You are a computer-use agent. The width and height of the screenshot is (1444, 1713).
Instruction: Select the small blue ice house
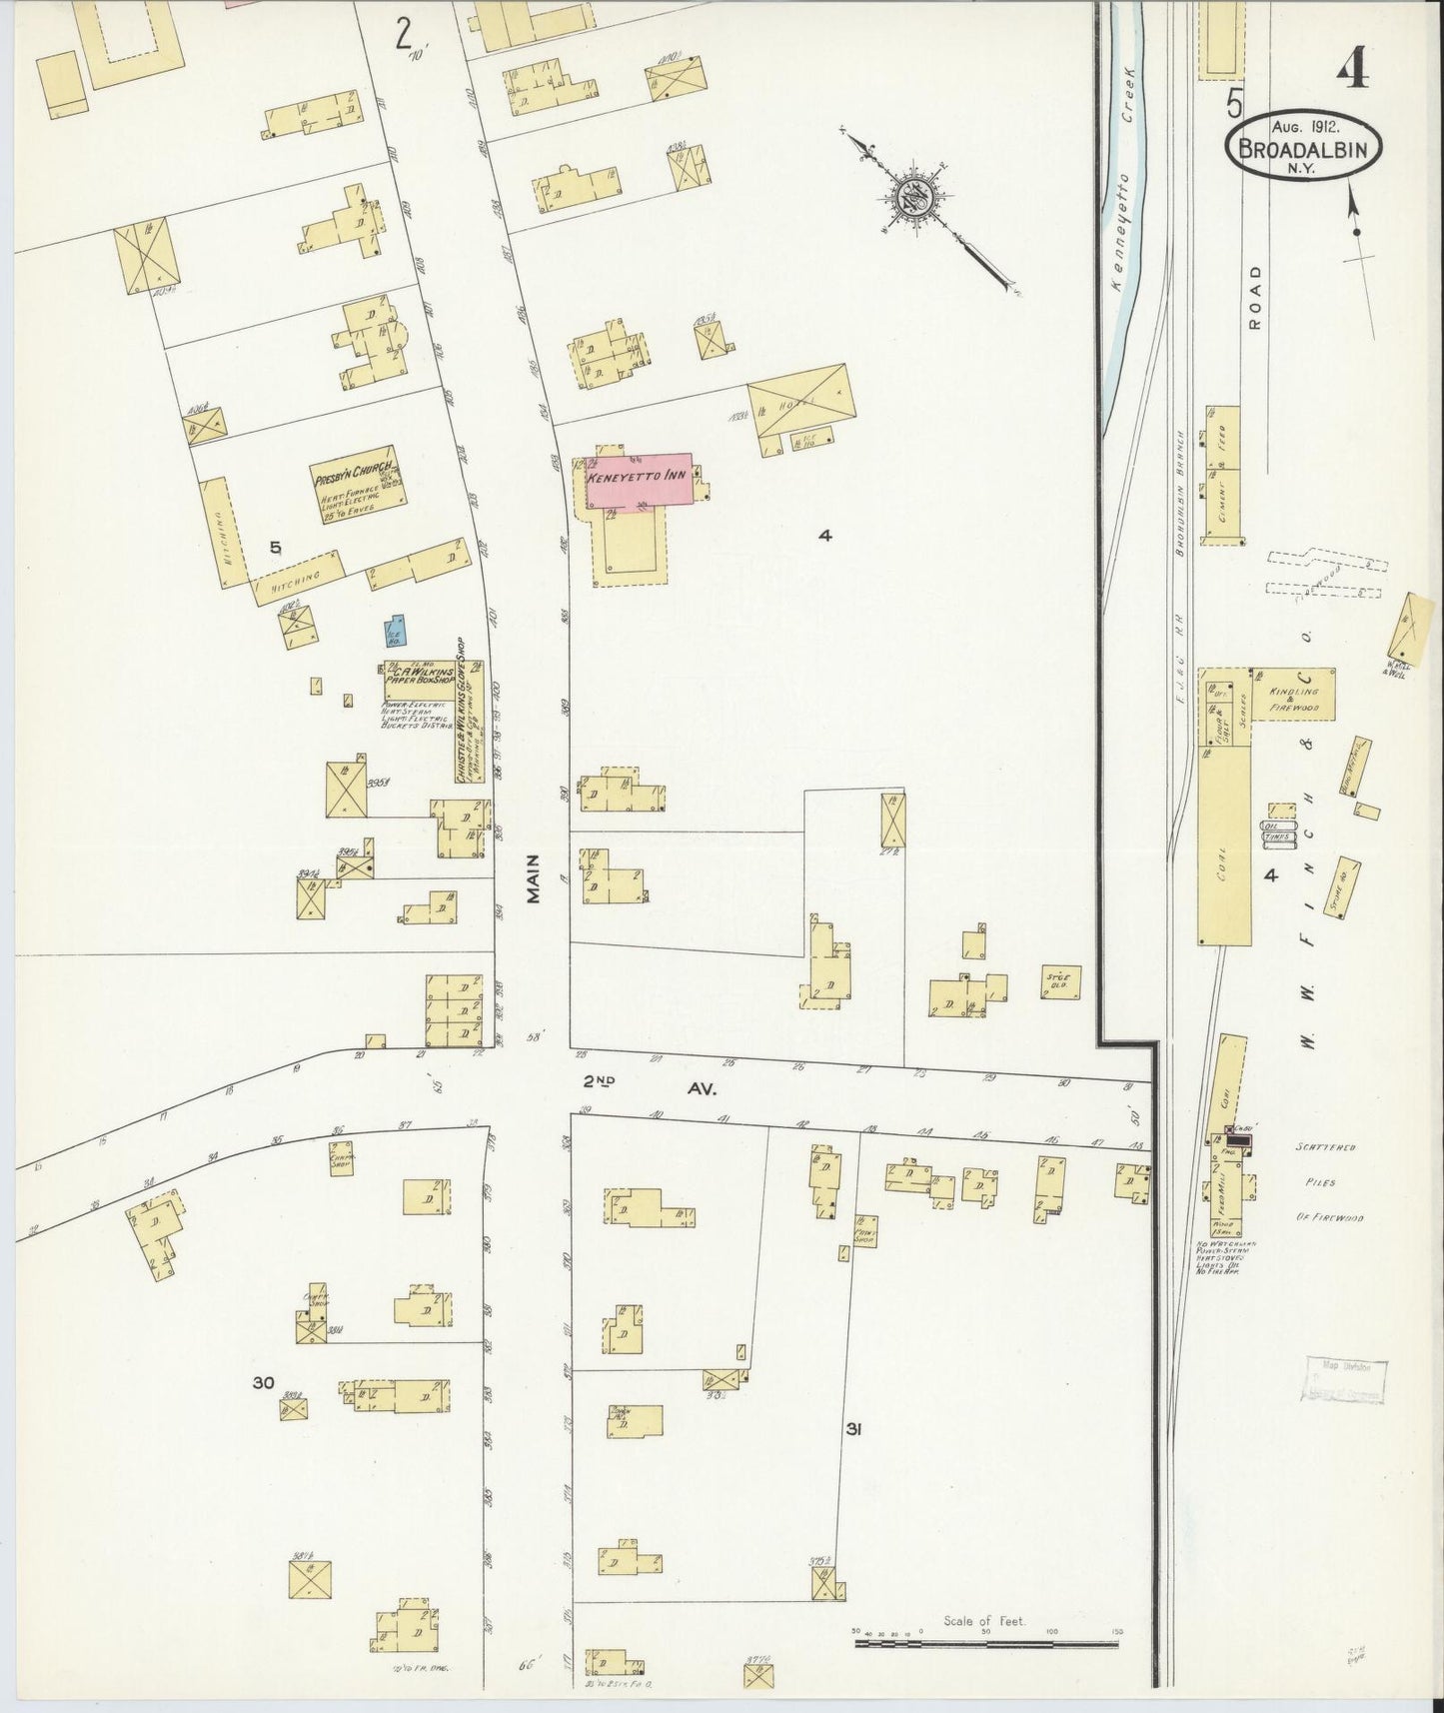coord(396,632)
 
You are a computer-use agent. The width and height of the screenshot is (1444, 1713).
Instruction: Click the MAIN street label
coord(534,878)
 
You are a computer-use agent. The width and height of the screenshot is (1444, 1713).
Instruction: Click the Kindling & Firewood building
coord(1295,694)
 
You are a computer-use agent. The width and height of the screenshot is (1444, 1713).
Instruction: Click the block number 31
coord(853,1430)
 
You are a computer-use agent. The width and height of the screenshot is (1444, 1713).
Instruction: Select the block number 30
coord(263,1383)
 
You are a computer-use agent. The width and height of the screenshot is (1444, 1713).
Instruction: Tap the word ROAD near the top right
coord(1255,297)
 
